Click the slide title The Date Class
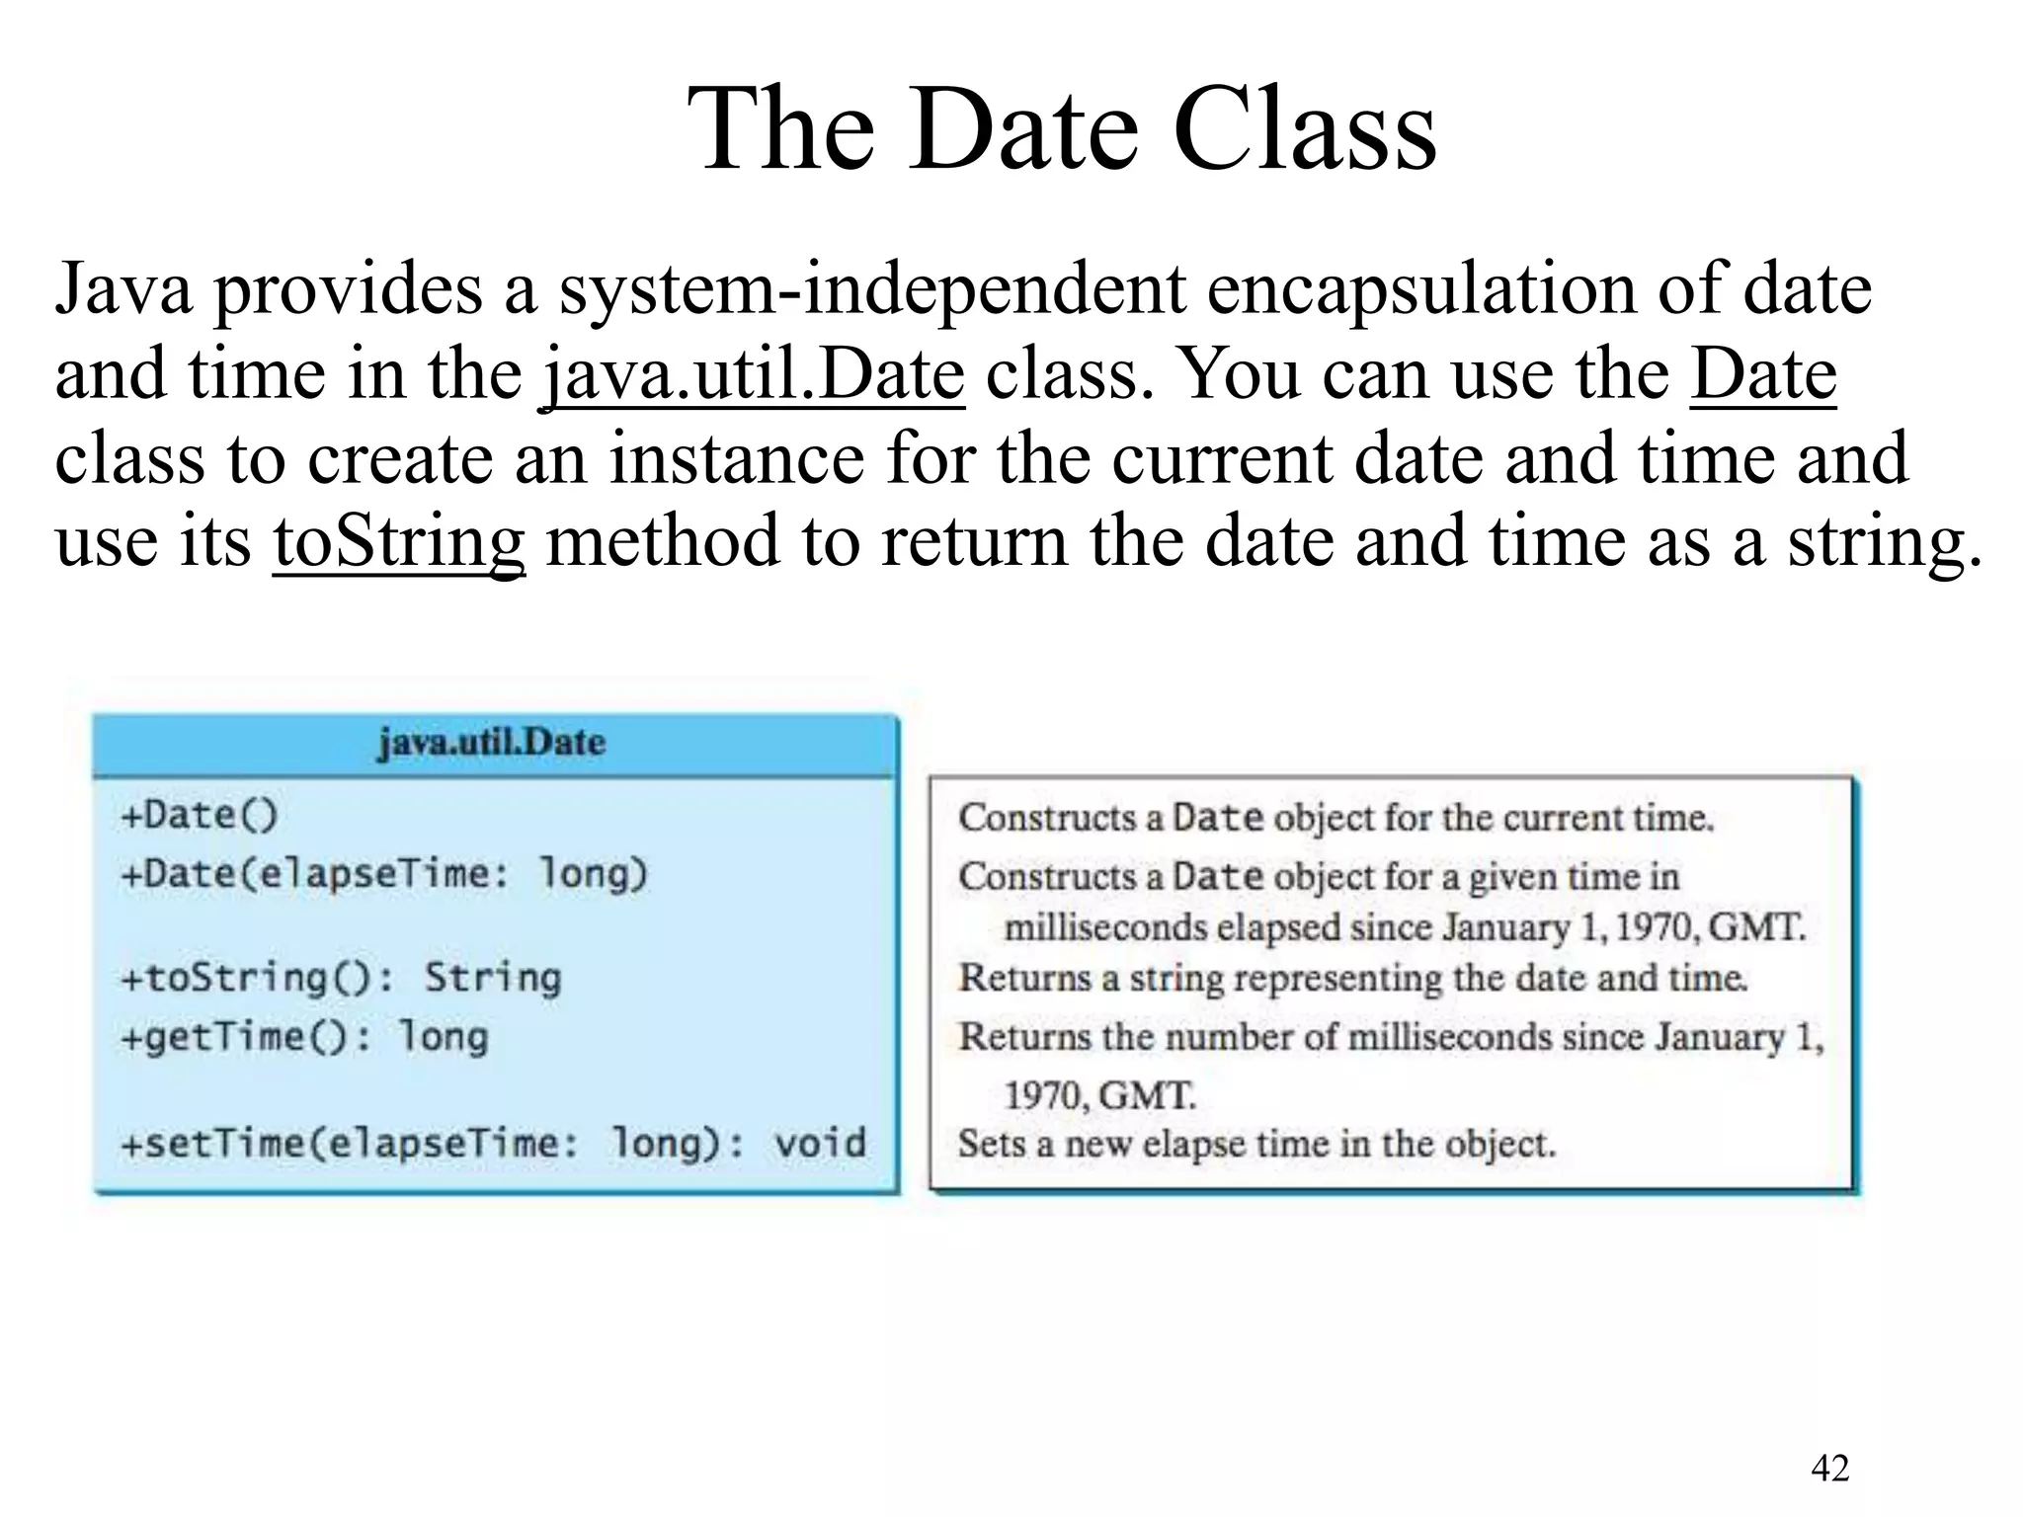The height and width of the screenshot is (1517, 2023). (x=1061, y=129)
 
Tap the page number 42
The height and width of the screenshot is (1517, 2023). (x=1829, y=1469)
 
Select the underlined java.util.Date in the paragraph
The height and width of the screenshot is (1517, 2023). (x=754, y=374)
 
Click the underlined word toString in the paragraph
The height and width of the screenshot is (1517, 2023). (x=398, y=541)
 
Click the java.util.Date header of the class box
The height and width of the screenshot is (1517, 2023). (x=491, y=743)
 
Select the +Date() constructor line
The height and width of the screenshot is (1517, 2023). (x=200, y=816)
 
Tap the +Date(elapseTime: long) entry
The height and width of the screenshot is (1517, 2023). (x=383, y=874)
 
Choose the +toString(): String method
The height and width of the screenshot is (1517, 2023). (x=340, y=978)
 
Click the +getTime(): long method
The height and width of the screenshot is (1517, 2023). (x=303, y=1037)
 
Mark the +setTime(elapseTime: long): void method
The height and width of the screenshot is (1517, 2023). (x=492, y=1144)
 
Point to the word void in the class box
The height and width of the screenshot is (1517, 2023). (x=819, y=1144)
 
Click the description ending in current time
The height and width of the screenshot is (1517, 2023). (x=1335, y=818)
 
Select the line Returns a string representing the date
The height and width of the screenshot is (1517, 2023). (x=1352, y=978)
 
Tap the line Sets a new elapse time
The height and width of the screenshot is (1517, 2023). (x=1256, y=1144)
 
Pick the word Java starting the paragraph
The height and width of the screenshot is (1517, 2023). (x=123, y=289)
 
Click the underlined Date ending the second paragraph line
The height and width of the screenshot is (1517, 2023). (x=1763, y=374)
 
